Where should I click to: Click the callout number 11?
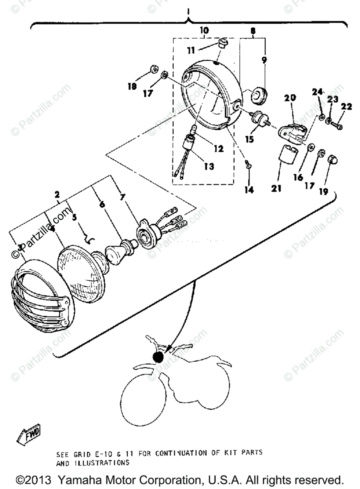[191, 50]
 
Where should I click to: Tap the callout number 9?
[264, 60]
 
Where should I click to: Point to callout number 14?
[249, 190]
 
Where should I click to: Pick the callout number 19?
[323, 192]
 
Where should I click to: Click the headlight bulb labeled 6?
[119, 250]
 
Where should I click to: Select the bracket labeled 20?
[292, 129]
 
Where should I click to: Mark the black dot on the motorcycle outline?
[157, 357]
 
